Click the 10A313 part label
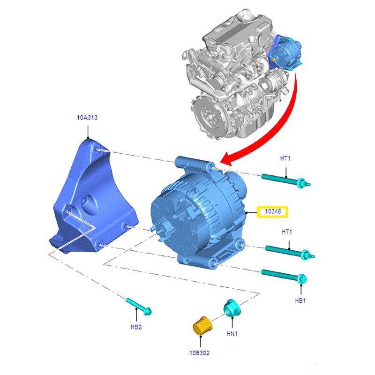(87, 118)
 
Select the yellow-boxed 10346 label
(272, 212)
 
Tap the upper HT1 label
(285, 158)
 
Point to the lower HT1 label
(287, 232)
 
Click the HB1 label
(300, 300)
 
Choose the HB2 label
(136, 327)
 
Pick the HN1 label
(232, 333)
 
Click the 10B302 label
(200, 353)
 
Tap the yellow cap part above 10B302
(202, 325)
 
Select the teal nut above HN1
(232, 308)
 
